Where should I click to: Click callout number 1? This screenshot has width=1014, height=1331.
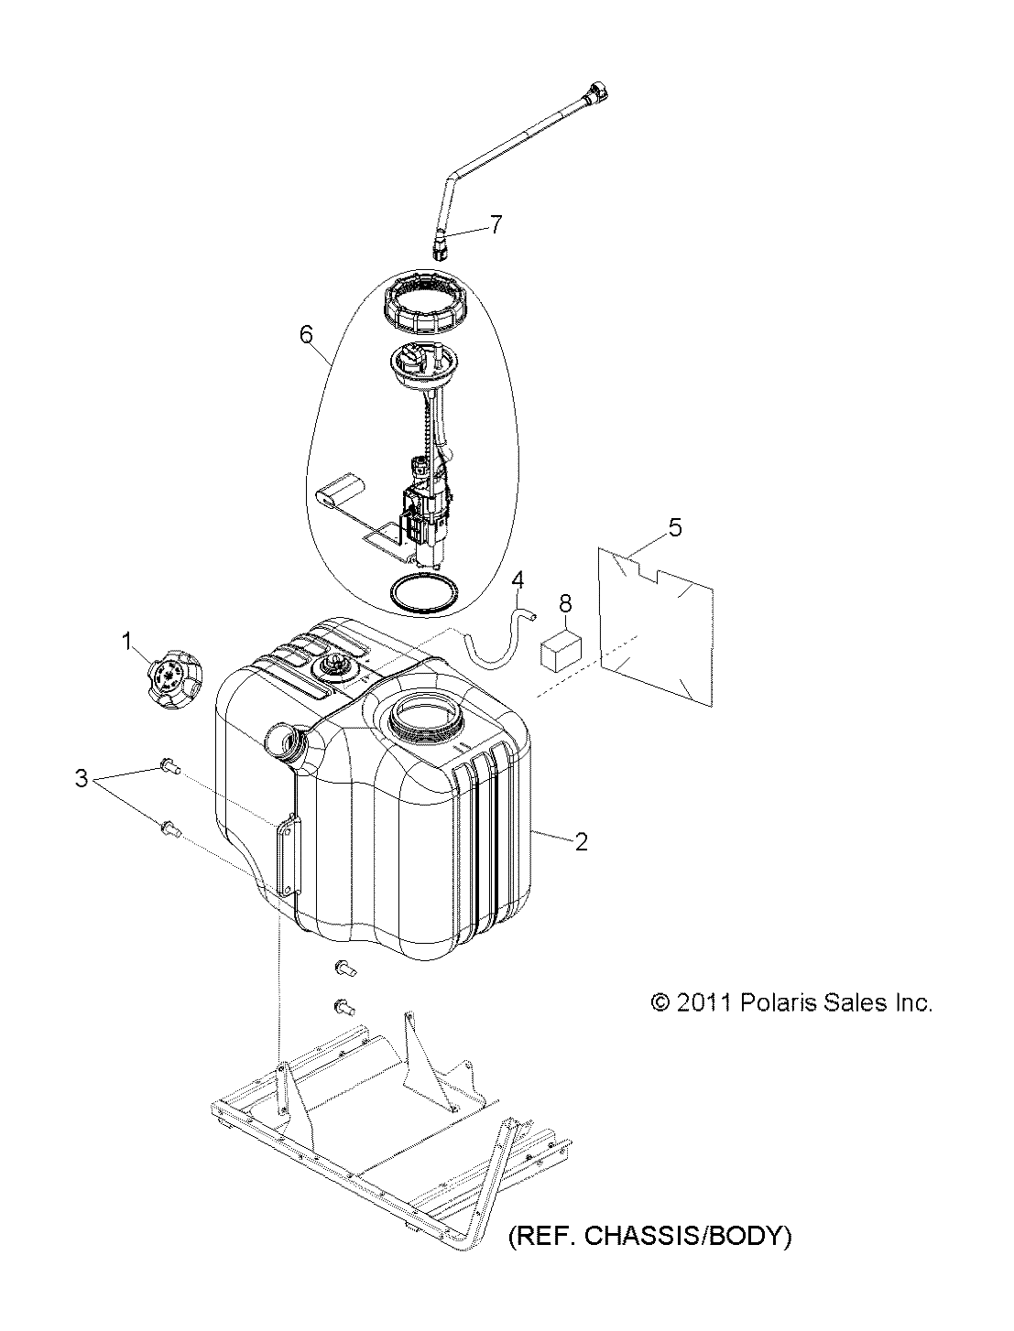[127, 641]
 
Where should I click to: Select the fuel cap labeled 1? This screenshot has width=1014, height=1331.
[175, 679]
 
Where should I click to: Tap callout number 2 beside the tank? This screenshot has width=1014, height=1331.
[581, 841]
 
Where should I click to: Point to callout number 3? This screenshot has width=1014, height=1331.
[82, 778]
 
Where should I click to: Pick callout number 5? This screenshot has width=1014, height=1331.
[675, 527]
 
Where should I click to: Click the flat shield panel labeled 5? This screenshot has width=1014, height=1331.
[655, 626]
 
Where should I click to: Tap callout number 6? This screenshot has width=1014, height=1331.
[307, 333]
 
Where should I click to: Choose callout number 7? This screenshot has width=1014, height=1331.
[496, 225]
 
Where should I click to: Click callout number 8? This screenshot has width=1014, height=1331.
[565, 603]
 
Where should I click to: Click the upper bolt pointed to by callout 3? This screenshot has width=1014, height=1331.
[169, 766]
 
